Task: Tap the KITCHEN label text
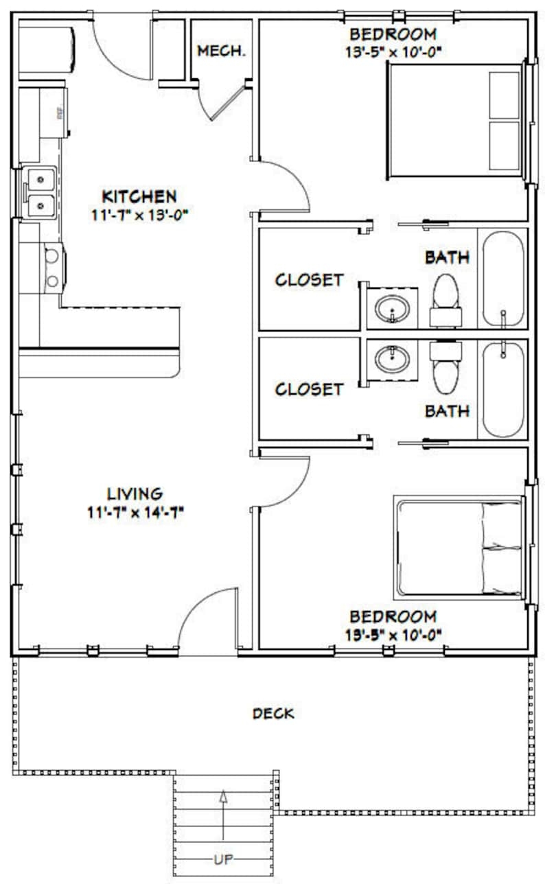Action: (x=139, y=197)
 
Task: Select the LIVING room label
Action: (x=135, y=493)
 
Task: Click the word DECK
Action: (x=273, y=714)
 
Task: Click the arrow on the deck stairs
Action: (x=222, y=814)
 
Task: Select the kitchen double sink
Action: (x=41, y=192)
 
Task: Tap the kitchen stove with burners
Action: (x=51, y=268)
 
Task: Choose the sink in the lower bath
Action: (x=392, y=358)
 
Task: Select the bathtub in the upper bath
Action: (x=503, y=278)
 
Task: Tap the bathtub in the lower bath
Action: (x=503, y=389)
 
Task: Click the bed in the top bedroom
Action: (x=456, y=121)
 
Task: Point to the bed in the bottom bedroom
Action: (x=459, y=546)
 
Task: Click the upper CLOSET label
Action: (x=309, y=280)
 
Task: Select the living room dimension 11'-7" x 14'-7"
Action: (x=135, y=511)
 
